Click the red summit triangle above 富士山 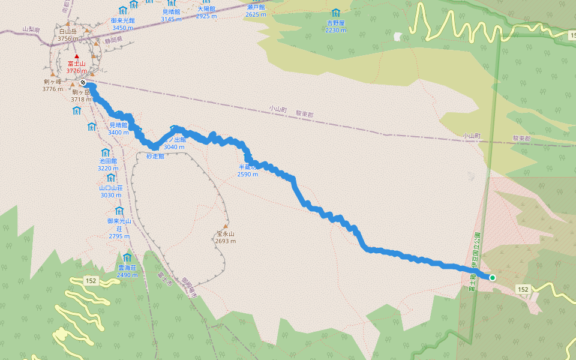pos(76,56)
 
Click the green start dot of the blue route pos(493,277)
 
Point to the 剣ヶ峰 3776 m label pos(53,85)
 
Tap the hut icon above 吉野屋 pos(335,13)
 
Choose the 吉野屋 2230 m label pos(336,26)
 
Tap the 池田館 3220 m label pos(108,165)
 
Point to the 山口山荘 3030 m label pos(111,191)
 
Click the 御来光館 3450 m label pos(122,23)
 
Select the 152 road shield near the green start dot pos(523,289)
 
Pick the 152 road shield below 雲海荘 pos(91,280)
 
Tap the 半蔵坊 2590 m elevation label pos(248,170)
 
